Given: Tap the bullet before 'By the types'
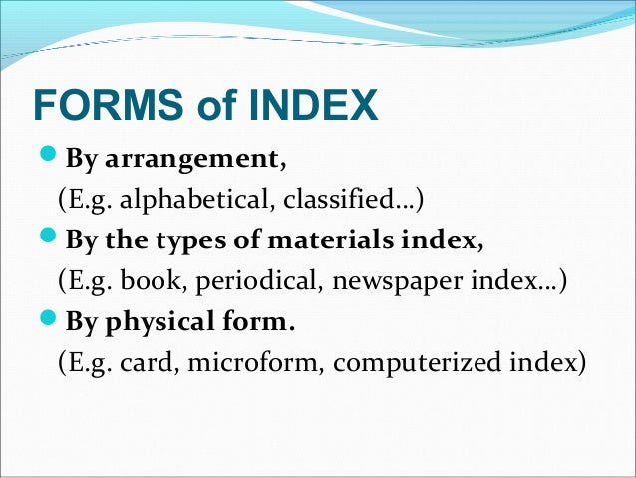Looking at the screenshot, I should coord(51,240).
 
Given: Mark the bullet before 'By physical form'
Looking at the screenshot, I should coord(51,323).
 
